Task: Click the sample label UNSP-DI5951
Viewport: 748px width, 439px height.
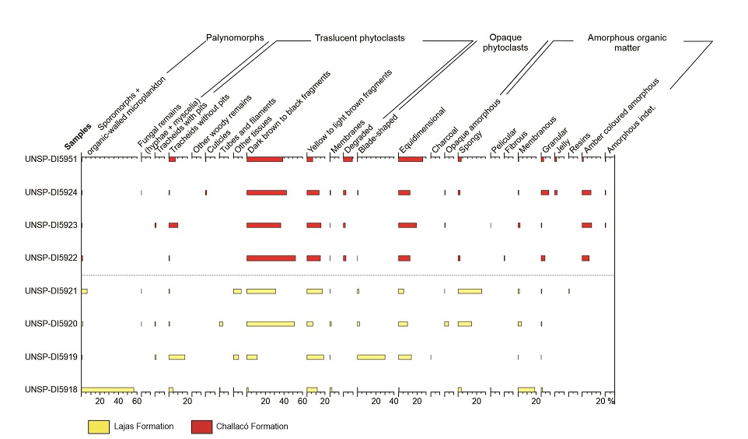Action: tap(51, 160)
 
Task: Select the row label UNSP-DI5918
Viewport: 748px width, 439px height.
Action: tap(51, 389)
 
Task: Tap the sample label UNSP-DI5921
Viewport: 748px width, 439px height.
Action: tap(51, 291)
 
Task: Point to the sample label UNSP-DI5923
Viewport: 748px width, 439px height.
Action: tap(51, 225)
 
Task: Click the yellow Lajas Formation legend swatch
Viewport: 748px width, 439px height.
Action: tap(99, 426)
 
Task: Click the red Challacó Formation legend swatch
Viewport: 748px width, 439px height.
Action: tap(201, 426)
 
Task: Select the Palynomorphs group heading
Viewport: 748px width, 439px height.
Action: tap(235, 37)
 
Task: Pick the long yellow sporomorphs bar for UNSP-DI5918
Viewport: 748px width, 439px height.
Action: tap(107, 389)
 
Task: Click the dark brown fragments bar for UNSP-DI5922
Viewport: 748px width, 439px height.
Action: tap(271, 258)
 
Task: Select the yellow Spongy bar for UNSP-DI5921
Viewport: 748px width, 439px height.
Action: tap(470, 291)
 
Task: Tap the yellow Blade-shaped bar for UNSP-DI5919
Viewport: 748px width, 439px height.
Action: tap(371, 356)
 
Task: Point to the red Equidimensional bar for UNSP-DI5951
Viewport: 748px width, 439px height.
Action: tap(411, 160)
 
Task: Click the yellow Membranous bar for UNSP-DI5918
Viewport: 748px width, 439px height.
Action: tap(526, 389)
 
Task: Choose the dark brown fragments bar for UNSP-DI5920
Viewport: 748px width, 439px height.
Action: tap(270, 324)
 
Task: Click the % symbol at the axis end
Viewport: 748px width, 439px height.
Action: tap(611, 402)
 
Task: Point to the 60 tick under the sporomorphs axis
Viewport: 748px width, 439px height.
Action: tap(136, 402)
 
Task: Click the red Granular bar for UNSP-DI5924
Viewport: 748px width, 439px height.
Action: tap(545, 192)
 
